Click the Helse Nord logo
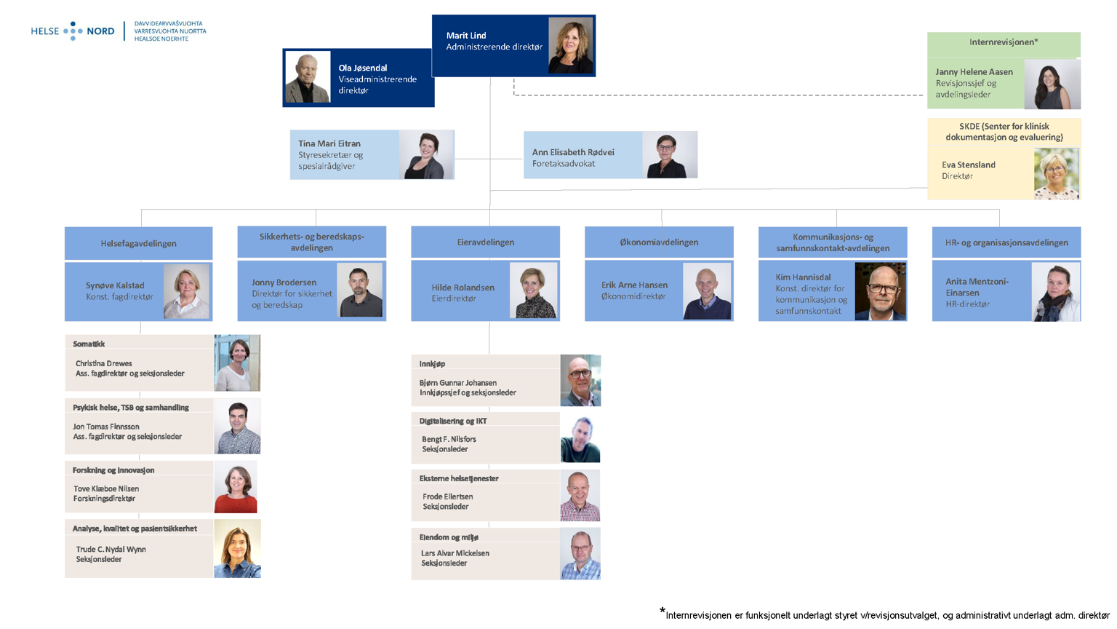coord(73,31)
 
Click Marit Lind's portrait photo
coord(570,45)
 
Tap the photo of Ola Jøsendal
coord(308,77)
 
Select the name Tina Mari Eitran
coord(329,143)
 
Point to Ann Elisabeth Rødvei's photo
coord(669,155)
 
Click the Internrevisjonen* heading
coord(1003,42)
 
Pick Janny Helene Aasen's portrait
coord(1052,84)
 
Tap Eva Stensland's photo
coord(1056,173)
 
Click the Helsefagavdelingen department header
coord(138,243)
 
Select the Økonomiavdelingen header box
coord(659,242)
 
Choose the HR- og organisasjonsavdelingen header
coord(1006,242)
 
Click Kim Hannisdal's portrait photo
coord(880,291)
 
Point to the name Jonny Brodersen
coord(284,282)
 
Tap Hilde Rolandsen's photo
coord(534,291)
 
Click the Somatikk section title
coord(89,344)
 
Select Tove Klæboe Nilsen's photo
coord(236,487)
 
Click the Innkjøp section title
coord(432,363)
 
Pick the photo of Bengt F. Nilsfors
coord(580,439)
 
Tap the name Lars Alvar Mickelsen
coord(455,553)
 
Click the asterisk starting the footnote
coord(662,611)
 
